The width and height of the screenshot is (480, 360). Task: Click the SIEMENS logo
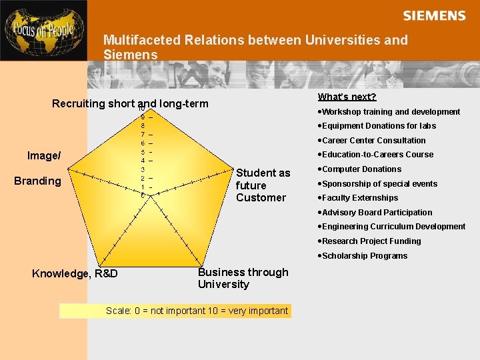point(434,15)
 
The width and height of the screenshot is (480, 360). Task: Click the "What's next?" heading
point(347,97)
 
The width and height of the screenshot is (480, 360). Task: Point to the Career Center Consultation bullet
point(373,141)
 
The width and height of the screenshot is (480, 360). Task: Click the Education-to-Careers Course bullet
point(377,155)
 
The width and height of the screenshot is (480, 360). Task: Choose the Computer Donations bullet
point(361,169)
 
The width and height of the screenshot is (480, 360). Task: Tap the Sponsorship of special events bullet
point(379,184)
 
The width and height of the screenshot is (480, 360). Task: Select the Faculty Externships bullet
point(359,198)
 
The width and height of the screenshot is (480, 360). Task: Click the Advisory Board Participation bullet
point(377,213)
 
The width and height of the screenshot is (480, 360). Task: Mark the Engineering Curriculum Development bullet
point(393,227)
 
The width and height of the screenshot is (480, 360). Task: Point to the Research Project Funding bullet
point(371,241)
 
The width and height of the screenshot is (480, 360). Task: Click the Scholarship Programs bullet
point(364,256)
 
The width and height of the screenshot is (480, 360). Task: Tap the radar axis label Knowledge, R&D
point(75,273)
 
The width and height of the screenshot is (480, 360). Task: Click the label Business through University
point(243,278)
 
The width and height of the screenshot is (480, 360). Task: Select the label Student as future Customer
point(263,185)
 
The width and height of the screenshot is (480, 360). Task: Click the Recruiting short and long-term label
point(130,104)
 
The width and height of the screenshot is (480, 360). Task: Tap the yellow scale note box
point(175,311)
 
